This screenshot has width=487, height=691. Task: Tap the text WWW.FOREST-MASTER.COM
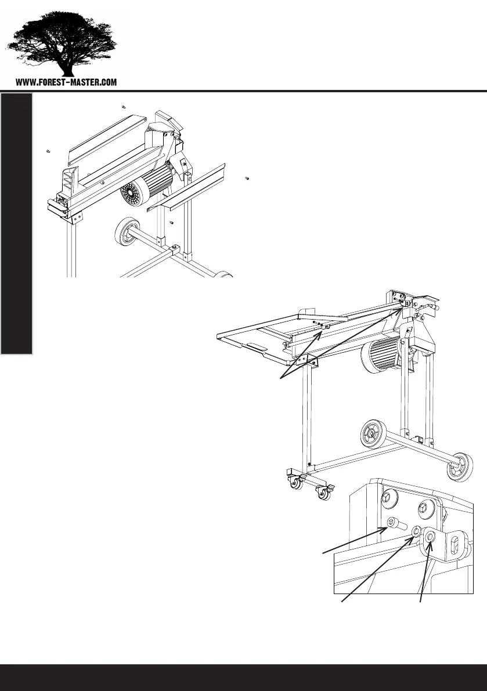click(66, 82)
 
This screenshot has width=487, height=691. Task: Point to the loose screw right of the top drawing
click(247, 178)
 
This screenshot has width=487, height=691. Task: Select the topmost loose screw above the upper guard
click(124, 107)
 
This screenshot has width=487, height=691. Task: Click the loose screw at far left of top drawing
click(48, 151)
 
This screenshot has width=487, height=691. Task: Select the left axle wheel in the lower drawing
click(371, 432)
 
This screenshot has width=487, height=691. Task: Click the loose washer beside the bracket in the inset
click(416, 531)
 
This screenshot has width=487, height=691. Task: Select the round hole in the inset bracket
click(430, 538)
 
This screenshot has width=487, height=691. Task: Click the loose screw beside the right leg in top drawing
click(172, 222)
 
